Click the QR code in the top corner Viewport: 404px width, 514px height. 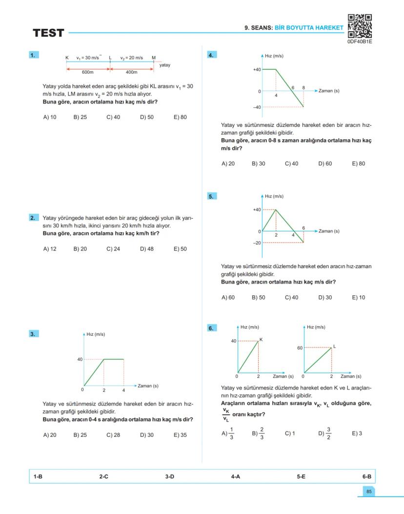tap(360, 26)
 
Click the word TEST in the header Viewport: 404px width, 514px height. tap(48, 33)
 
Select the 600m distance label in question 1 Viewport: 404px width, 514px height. tap(87, 72)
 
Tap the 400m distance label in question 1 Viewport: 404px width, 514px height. tap(131, 72)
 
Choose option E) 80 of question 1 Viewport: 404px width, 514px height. tap(180, 117)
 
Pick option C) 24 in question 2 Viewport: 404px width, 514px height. tap(113, 249)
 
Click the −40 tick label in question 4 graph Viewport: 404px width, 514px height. tap(256, 107)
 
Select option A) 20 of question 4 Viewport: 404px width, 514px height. tap(228, 164)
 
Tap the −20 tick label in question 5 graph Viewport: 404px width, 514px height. tap(256, 243)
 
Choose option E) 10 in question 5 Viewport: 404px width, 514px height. tap(358, 297)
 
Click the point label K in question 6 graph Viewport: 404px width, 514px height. tap(261, 339)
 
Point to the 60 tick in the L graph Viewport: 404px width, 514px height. tap(300, 348)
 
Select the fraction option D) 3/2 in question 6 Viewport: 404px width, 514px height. tap(325, 433)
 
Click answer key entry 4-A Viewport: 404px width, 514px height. tap(235, 476)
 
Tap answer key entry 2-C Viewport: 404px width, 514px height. tap(103, 476)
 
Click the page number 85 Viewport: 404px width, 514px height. tap(369, 492)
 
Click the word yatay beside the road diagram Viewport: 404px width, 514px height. tap(165, 65)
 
